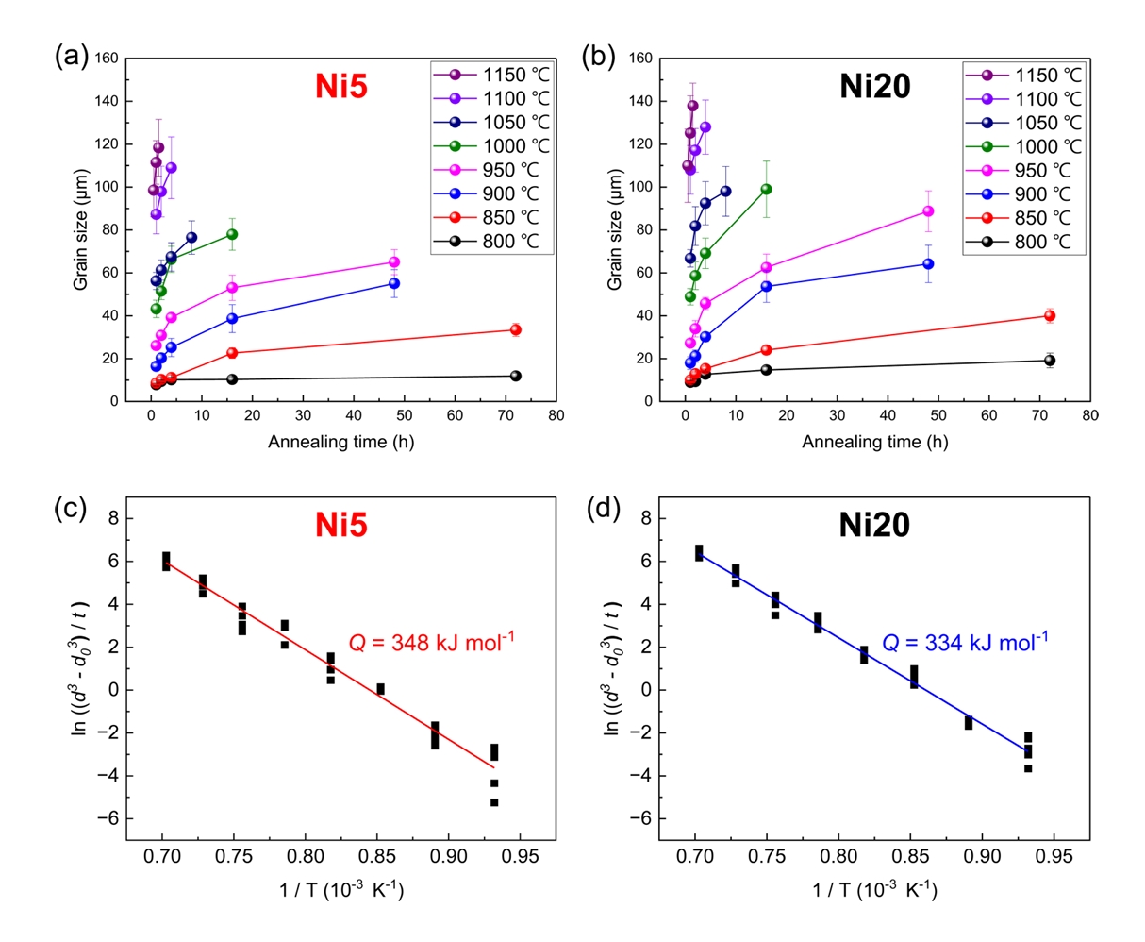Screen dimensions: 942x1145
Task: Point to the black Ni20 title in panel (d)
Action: tap(874, 525)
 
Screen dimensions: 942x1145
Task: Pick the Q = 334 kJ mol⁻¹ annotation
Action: tap(964, 643)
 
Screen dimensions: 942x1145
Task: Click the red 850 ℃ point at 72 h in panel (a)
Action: tap(516, 329)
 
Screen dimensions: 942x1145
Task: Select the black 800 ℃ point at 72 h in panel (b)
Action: tap(1050, 361)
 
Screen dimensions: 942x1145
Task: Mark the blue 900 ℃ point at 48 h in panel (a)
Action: tap(394, 283)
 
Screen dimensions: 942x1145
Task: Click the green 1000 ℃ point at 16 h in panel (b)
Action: tap(766, 189)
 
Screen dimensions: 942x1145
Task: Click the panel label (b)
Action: tap(601, 57)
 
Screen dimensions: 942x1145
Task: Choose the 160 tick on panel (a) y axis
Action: tap(107, 59)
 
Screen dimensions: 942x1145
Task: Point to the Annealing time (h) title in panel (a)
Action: tap(340, 442)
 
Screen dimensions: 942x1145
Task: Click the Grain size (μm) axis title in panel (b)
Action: tap(615, 229)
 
